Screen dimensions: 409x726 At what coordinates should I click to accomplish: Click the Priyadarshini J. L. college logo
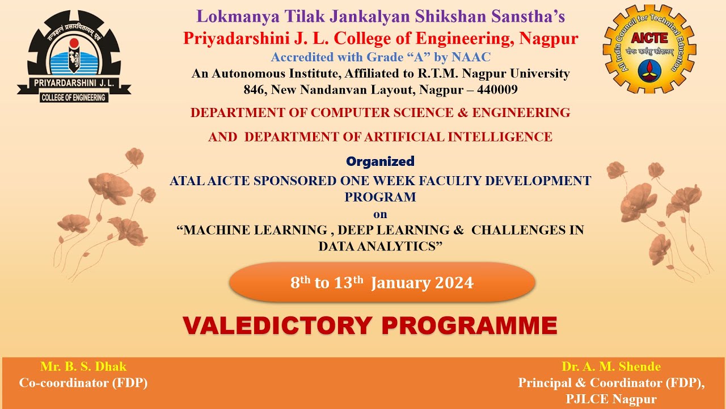tap(74, 57)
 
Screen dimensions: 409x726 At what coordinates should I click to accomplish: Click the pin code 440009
tap(497, 90)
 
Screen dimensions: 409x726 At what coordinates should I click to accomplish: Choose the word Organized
tap(380, 161)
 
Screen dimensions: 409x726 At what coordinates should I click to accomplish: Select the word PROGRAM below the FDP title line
tap(380, 197)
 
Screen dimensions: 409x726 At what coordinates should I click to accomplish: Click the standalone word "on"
tap(380, 214)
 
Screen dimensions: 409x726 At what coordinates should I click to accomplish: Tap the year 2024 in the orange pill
tap(454, 283)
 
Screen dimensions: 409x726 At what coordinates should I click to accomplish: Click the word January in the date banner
tap(400, 283)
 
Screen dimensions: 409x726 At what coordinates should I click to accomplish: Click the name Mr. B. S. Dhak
tap(83, 366)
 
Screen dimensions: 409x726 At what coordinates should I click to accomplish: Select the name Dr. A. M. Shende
tap(611, 366)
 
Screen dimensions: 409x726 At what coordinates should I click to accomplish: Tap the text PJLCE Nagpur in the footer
tap(611, 399)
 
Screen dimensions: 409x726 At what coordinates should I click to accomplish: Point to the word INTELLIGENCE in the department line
tap(499, 137)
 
